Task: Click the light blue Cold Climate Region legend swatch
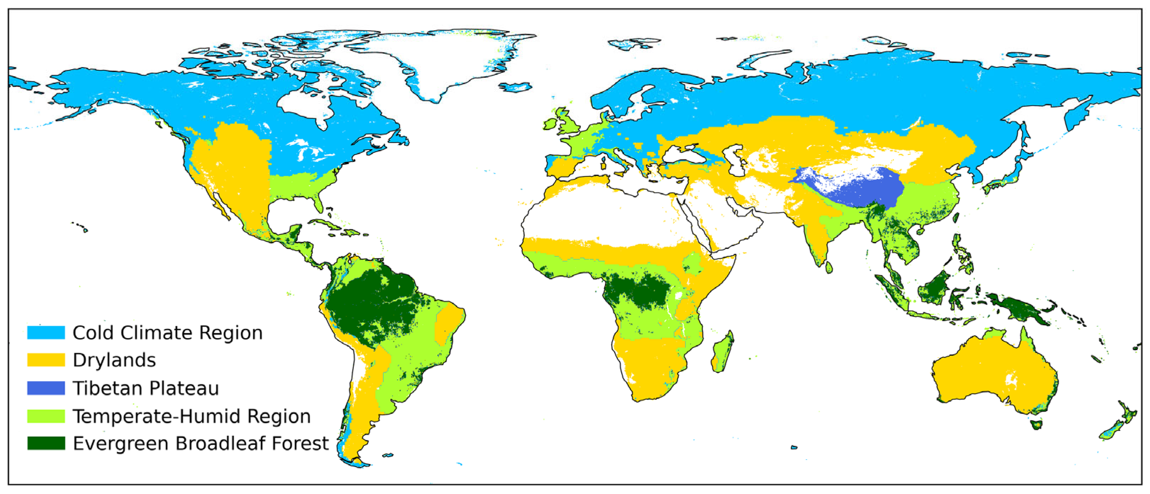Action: point(46,332)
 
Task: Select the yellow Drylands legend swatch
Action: point(46,360)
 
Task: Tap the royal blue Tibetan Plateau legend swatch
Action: point(46,388)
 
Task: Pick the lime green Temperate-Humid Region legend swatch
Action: point(46,416)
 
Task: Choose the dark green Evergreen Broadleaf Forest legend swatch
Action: point(46,443)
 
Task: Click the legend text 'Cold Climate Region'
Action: point(167,333)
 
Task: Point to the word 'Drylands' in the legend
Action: point(114,360)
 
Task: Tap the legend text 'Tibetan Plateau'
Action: point(145,388)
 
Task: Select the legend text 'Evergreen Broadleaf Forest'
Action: point(200,444)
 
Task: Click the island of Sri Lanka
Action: point(829,267)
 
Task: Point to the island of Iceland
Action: point(515,86)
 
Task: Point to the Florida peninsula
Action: point(318,201)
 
